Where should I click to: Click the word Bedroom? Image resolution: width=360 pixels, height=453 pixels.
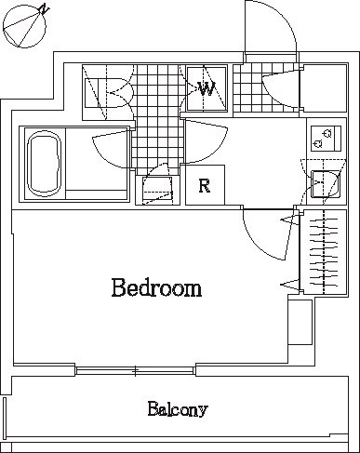(156, 287)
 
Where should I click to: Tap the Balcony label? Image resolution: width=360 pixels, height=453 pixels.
(177, 408)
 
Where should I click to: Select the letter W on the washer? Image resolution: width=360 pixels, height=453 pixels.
(207, 89)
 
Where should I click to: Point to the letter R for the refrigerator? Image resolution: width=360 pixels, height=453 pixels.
(205, 185)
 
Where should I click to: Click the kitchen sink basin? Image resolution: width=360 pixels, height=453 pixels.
(324, 183)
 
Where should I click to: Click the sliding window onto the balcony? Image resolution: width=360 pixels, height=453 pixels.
(137, 370)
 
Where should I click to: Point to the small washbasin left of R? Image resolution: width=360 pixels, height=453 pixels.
(157, 189)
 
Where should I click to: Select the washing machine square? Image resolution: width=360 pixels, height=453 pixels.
(206, 89)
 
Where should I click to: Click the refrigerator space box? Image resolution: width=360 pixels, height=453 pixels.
(205, 184)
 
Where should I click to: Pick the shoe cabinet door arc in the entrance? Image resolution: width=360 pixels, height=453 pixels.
(282, 87)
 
